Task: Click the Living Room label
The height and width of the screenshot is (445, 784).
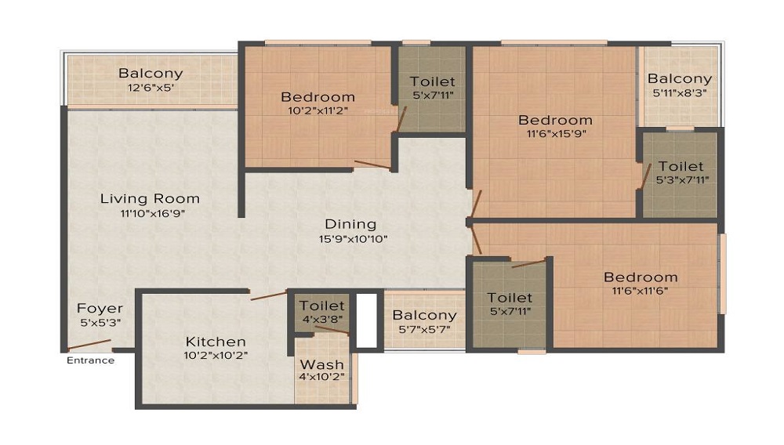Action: point(150,199)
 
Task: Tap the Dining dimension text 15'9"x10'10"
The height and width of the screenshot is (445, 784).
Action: point(353,239)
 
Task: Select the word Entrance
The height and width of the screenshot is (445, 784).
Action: point(90,360)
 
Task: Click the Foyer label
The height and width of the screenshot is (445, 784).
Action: point(100,308)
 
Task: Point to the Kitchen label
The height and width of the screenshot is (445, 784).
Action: point(216,342)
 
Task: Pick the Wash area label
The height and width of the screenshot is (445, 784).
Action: point(322,364)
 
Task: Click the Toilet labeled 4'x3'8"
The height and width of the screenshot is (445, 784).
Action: point(322,306)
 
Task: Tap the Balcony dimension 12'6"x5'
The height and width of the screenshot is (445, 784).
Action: point(151,88)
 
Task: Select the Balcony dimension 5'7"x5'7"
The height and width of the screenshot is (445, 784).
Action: point(424,330)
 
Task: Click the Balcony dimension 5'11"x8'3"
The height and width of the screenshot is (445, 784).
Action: point(680,93)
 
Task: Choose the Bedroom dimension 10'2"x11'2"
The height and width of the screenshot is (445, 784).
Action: point(318,111)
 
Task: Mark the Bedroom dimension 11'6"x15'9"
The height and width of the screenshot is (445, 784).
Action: point(556,134)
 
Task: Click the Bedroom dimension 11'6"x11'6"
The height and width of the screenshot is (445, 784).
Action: point(640,291)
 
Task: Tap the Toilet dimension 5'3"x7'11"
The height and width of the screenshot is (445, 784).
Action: point(683,179)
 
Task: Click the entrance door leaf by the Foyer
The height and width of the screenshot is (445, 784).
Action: point(89,345)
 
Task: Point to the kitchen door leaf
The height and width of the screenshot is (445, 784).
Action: point(269,295)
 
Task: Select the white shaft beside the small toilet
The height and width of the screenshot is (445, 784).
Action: point(366,320)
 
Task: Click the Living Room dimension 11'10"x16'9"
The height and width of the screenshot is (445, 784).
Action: point(153,214)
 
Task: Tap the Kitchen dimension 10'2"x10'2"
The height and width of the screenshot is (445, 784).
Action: point(216,356)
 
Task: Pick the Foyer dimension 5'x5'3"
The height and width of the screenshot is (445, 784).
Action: point(100,323)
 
